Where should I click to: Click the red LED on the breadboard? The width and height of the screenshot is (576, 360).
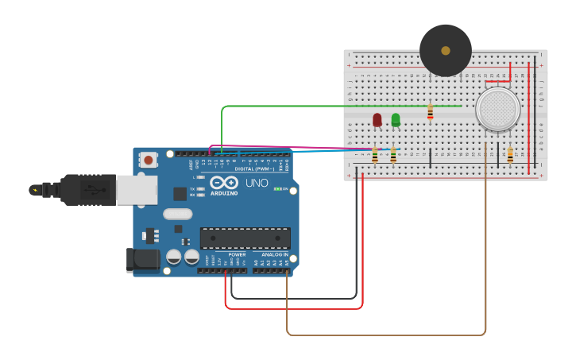[377, 119]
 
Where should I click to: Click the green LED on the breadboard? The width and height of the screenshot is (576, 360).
[396, 119]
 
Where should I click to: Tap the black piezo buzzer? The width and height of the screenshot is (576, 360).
[445, 50]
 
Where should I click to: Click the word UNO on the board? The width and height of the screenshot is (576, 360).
[257, 183]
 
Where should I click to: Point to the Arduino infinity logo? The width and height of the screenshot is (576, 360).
[224, 183]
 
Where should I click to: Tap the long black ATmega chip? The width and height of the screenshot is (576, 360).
[245, 238]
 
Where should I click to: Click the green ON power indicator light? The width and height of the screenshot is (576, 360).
[276, 189]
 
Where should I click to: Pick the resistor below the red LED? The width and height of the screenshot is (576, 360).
[375, 156]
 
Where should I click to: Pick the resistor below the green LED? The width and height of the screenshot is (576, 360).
[393, 156]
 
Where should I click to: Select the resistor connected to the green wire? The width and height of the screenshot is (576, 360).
[430, 112]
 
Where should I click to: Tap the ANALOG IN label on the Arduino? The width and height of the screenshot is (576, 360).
[275, 255]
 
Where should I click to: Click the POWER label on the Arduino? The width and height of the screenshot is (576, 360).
[237, 255]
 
